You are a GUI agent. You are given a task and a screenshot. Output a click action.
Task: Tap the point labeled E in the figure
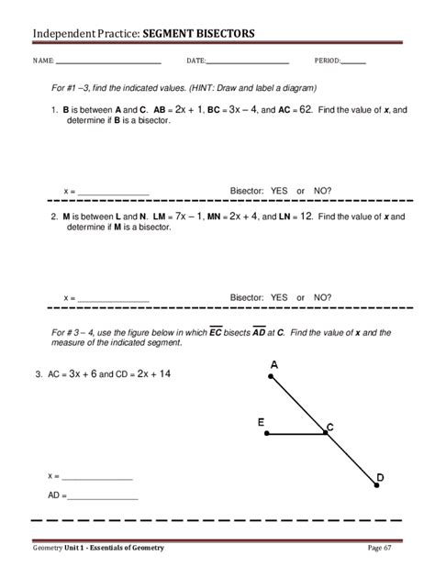point(266,434)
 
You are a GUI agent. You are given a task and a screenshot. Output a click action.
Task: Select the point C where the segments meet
point(327,434)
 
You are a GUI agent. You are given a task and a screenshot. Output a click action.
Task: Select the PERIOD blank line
point(353,62)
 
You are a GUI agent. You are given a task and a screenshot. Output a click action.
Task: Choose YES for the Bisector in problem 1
point(279,192)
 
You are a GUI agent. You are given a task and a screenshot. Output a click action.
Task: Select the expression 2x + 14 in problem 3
point(147,374)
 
